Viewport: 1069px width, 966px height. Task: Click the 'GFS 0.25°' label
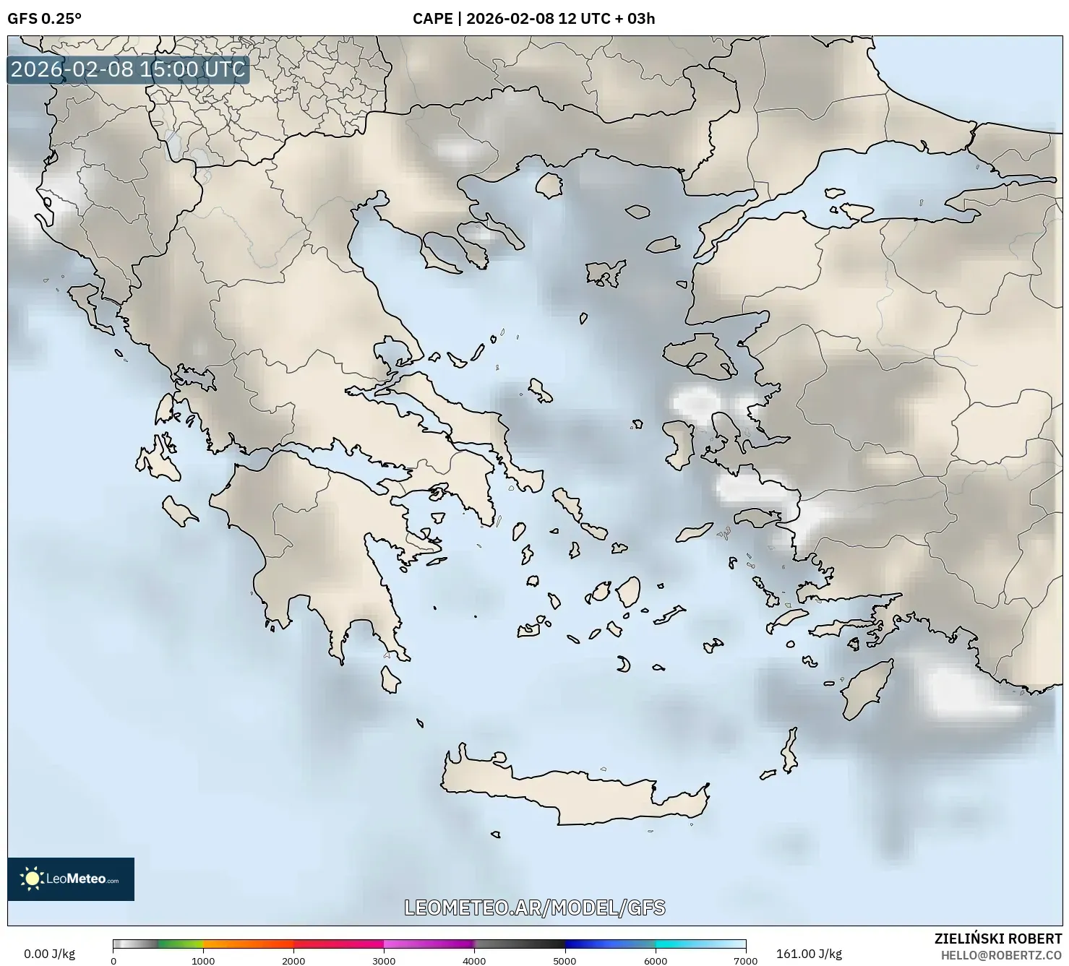pos(44,19)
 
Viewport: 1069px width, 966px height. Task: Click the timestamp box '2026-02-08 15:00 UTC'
pos(128,69)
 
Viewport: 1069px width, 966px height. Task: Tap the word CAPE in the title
pos(432,19)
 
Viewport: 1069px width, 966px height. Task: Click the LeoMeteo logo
pos(71,879)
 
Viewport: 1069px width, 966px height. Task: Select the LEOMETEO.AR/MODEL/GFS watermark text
pos(534,907)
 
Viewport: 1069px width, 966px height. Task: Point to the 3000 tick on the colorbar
pos(384,960)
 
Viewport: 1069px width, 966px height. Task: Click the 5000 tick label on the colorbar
pos(564,960)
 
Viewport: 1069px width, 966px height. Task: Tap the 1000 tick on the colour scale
pos(203,960)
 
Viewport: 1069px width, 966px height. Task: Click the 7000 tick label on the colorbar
pos(745,960)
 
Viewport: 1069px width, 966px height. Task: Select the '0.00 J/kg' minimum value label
pos(49,954)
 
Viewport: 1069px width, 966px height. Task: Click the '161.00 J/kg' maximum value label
pos(809,954)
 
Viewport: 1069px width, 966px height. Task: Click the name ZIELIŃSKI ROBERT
pos(997,939)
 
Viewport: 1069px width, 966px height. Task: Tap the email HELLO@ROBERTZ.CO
pos(1001,955)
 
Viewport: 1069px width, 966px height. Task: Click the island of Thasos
pos(549,185)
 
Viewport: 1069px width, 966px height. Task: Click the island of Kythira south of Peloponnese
pos(390,679)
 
